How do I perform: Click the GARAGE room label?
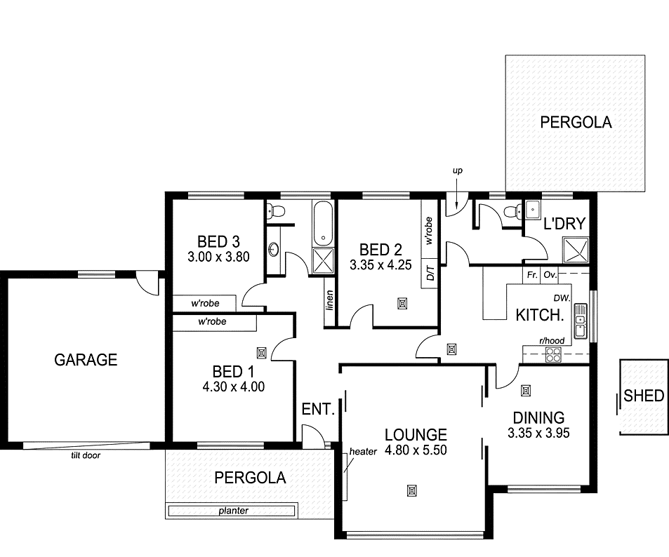click(86, 360)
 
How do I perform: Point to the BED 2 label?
click(380, 250)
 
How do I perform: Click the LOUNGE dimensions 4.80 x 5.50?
click(416, 450)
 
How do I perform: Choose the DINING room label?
click(538, 417)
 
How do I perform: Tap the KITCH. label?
click(540, 315)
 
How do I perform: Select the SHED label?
click(644, 396)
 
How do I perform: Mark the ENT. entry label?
click(317, 409)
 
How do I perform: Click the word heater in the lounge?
click(364, 451)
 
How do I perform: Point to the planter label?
click(232, 511)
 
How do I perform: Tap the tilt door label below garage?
click(84, 454)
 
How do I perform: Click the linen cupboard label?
click(329, 300)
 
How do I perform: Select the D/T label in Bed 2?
click(429, 272)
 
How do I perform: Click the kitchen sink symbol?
click(580, 321)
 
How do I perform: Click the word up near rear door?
click(458, 170)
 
